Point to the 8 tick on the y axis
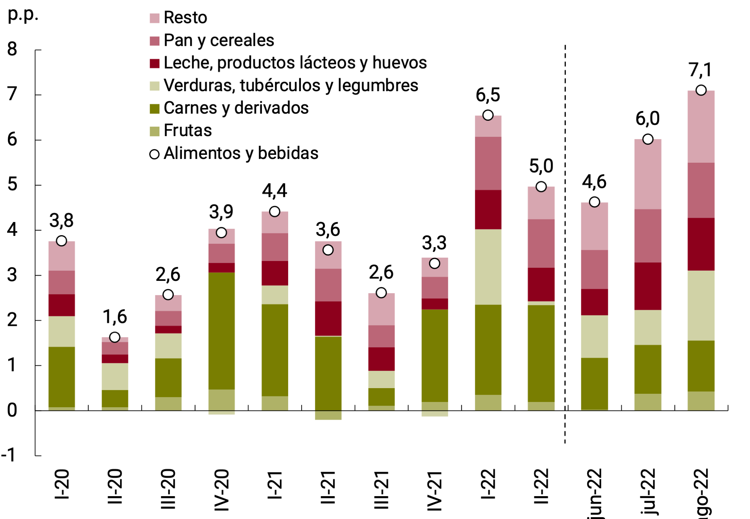click(12, 49)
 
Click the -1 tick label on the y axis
click(9, 455)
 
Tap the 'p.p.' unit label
click(23, 14)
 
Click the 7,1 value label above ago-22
click(700, 70)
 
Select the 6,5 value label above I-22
click(488, 95)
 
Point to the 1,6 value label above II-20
click(115, 317)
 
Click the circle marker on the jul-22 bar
click(648, 139)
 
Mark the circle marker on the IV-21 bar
click(434, 264)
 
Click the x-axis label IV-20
click(221, 489)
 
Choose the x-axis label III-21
click(381, 489)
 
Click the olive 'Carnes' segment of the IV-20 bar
click(221, 330)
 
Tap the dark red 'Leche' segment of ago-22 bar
click(701, 244)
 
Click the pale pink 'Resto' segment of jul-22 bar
click(648, 174)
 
